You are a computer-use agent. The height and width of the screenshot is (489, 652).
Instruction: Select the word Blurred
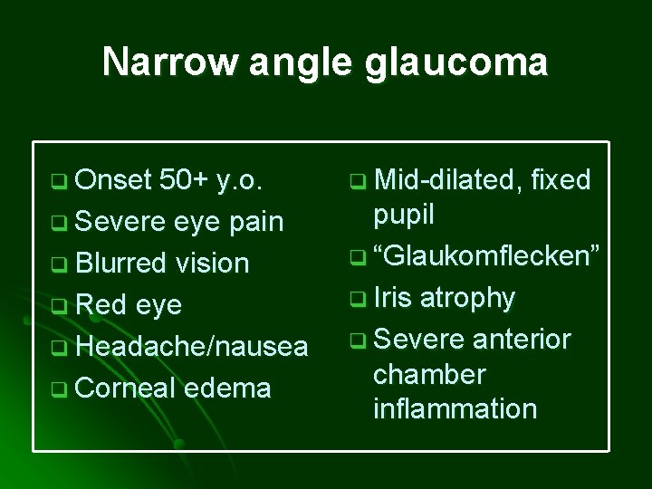click(120, 264)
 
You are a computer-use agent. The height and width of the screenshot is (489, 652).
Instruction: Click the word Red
click(101, 305)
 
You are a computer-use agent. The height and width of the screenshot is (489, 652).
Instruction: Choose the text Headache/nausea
click(192, 347)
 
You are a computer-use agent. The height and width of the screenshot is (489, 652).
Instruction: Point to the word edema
click(226, 388)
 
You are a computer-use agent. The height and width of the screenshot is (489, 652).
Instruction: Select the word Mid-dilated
click(447, 179)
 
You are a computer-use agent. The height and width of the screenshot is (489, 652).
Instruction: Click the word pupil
click(404, 215)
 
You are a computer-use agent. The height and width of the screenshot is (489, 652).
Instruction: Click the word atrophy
click(468, 298)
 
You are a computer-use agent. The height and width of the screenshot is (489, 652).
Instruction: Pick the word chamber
click(429, 374)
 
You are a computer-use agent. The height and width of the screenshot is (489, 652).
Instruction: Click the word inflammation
click(455, 408)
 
